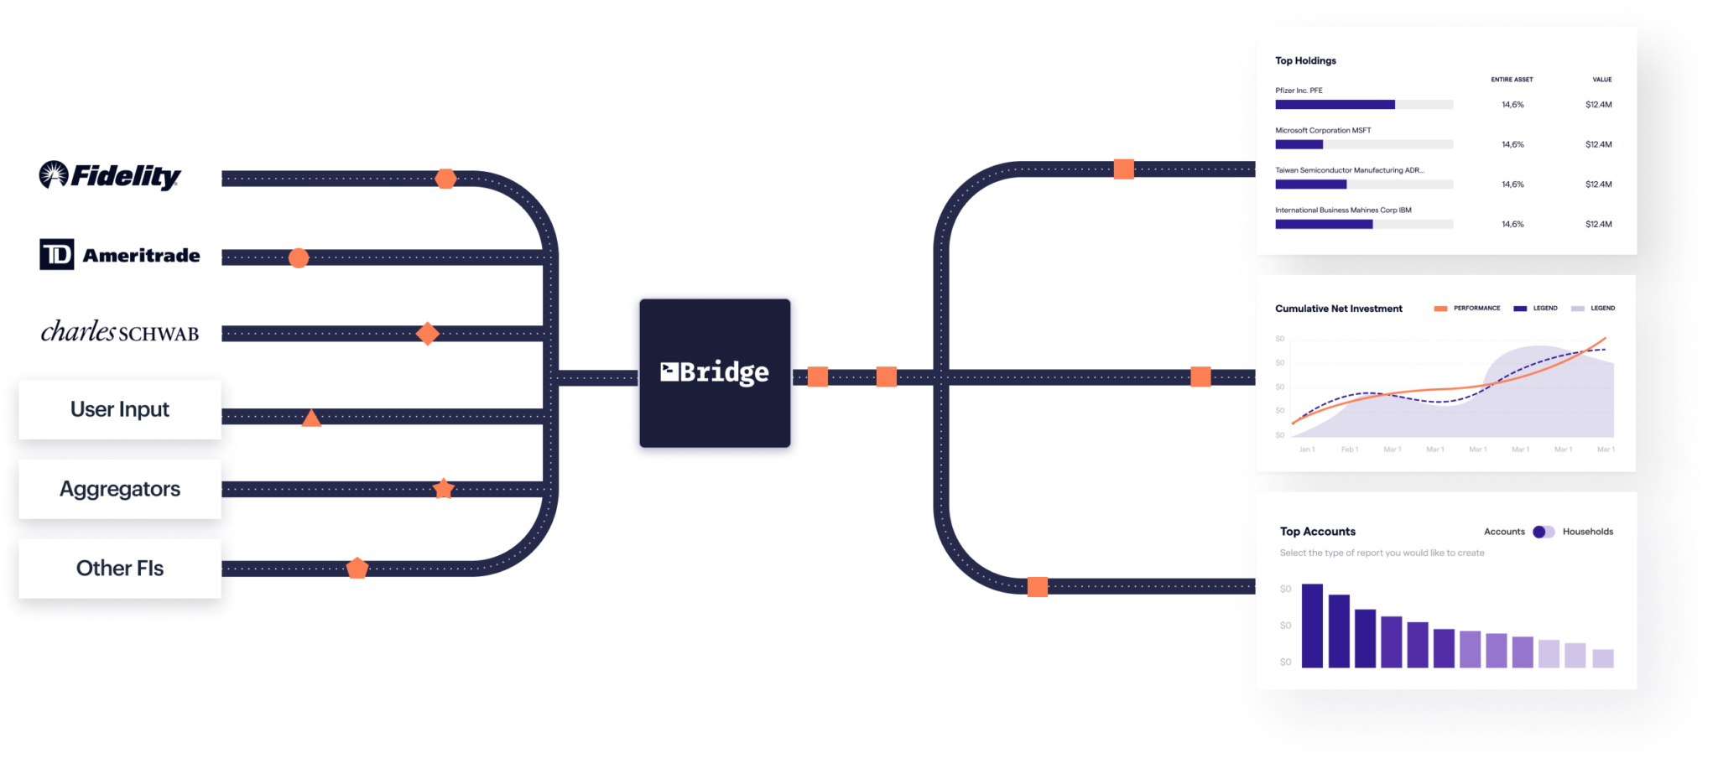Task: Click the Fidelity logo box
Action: pos(120,176)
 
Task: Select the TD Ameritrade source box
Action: pos(120,255)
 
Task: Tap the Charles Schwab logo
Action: pos(120,332)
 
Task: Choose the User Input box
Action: pos(120,409)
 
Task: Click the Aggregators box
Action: pos(120,489)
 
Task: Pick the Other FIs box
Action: pos(120,568)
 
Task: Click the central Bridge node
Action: pos(715,372)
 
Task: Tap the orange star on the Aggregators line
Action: pos(443,489)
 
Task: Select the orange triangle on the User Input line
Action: pos(311,418)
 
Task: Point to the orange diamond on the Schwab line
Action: pos(428,333)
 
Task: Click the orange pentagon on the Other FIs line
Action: pos(357,568)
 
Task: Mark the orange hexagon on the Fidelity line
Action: pos(446,179)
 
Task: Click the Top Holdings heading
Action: pos(1305,60)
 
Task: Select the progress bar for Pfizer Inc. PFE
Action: pos(1363,105)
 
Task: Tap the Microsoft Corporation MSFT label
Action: pos(1323,130)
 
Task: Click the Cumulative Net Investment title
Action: pos(1338,309)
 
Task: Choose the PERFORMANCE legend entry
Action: pos(1468,309)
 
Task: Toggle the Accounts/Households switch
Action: pos(1544,532)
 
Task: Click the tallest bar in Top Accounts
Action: pos(1312,626)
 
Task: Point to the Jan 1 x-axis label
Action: pos(1307,449)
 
